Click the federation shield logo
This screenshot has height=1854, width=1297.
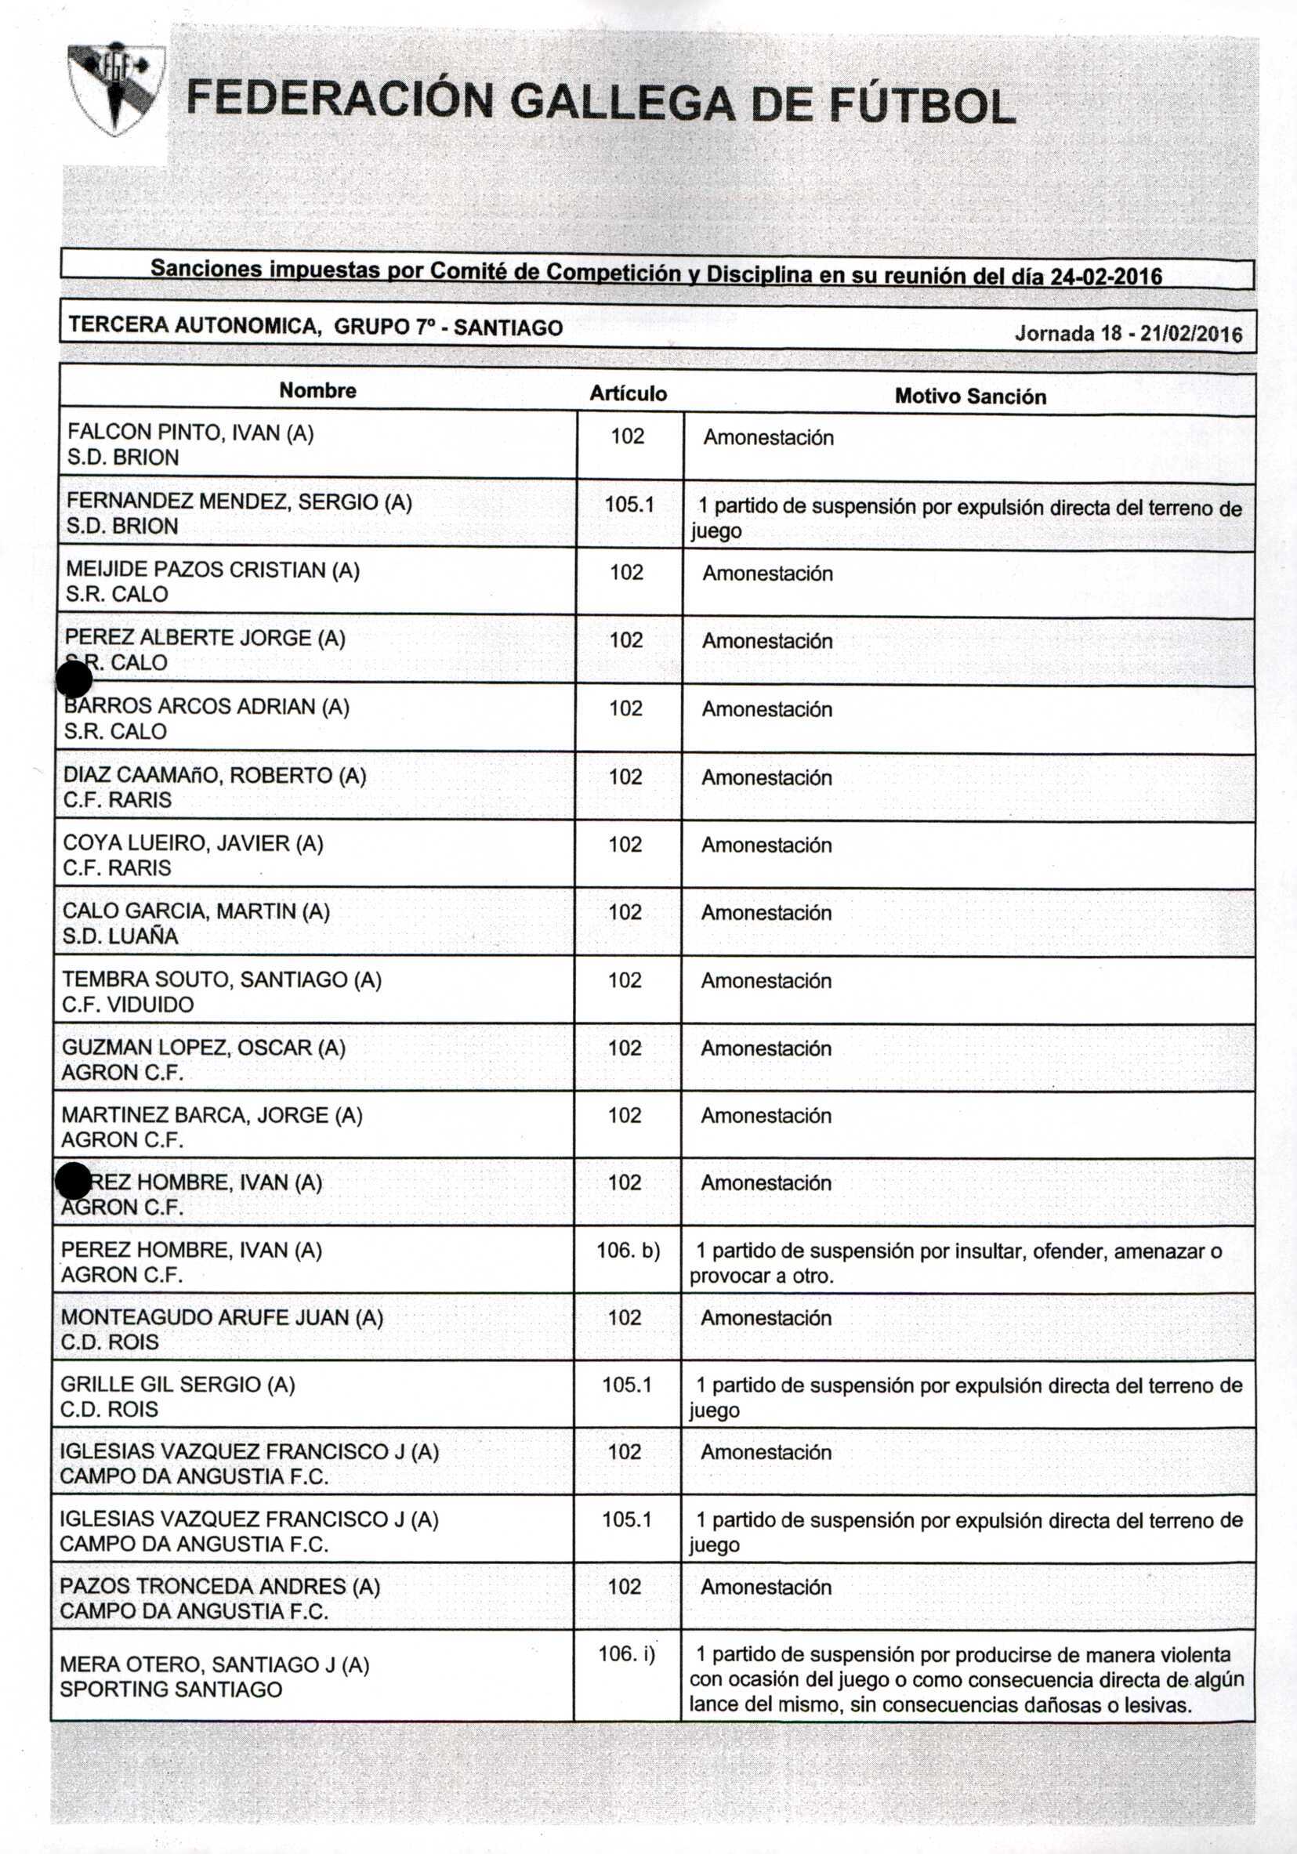click(115, 89)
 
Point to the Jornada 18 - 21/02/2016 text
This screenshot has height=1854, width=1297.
click(1128, 334)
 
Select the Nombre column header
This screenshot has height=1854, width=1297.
click(317, 391)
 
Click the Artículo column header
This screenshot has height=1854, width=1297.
click(628, 393)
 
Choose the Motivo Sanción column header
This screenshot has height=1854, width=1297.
click(969, 397)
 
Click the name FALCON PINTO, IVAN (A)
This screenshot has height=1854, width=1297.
click(190, 433)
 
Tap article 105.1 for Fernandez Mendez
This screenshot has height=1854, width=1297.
click(629, 505)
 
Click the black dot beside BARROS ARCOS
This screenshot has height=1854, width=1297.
click(74, 680)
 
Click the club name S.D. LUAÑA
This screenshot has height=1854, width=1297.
click(120, 936)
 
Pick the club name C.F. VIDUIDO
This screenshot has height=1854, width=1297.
click(128, 1004)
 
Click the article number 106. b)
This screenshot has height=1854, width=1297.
click(628, 1250)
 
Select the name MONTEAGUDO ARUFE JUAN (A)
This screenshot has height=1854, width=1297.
click(221, 1317)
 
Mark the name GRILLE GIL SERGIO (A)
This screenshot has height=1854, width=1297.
click(178, 1384)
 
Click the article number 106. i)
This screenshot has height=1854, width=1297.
click(627, 1653)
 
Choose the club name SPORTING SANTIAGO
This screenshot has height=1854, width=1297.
click(170, 1689)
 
